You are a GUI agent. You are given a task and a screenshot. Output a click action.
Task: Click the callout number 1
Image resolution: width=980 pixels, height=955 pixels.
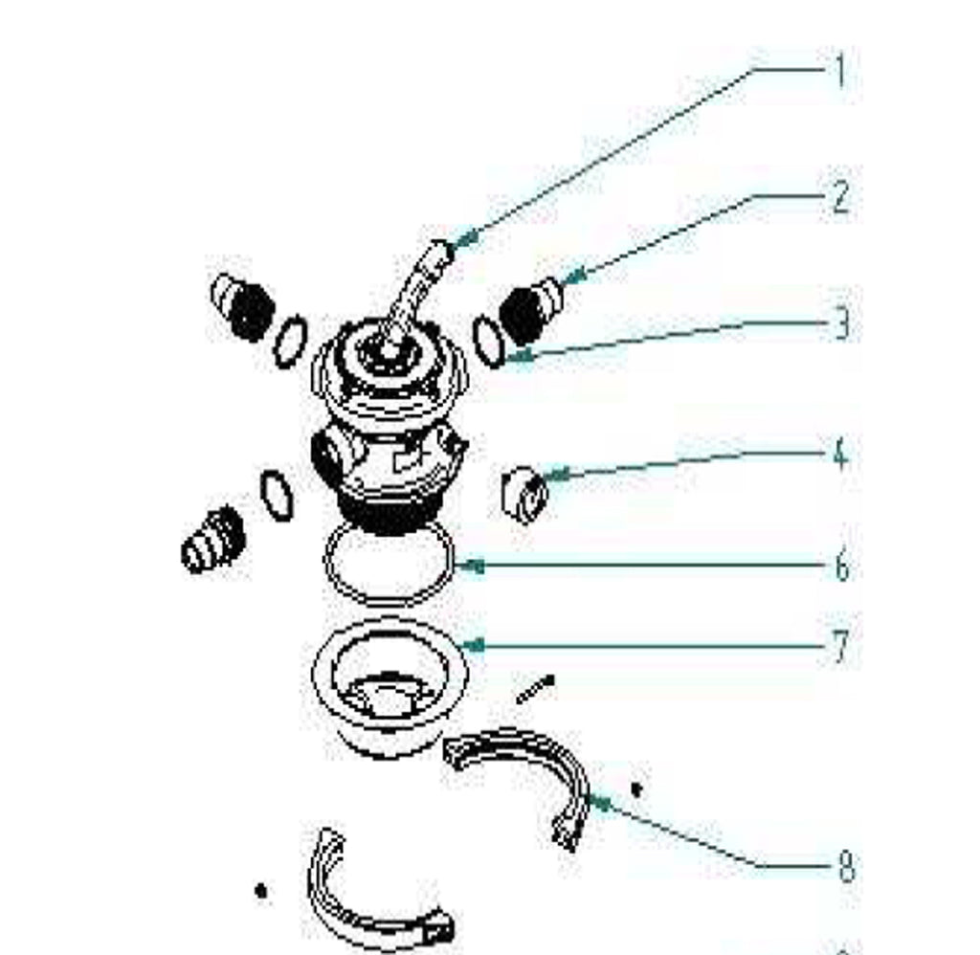point(840,71)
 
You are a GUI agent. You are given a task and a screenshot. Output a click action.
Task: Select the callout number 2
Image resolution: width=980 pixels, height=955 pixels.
point(840,197)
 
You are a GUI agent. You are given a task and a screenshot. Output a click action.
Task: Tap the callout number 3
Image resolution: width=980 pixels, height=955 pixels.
point(842,323)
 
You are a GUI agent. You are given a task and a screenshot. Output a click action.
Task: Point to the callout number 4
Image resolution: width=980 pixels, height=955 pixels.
point(840,454)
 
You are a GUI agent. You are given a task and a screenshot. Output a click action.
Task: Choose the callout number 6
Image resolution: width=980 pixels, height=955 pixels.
point(842,566)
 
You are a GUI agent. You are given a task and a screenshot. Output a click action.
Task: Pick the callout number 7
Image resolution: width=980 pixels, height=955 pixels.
point(842,646)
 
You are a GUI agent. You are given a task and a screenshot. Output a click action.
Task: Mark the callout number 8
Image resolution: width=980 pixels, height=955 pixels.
point(845,866)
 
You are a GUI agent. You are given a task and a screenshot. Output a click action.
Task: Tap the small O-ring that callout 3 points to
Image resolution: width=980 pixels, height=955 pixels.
point(489,342)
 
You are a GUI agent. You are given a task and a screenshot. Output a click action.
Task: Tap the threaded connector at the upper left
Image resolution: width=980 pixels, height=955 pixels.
point(244,307)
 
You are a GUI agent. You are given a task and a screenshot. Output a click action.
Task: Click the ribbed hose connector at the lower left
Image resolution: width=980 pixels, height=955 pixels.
point(213,539)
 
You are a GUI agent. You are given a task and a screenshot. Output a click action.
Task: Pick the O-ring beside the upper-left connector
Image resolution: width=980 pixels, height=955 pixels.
point(291,342)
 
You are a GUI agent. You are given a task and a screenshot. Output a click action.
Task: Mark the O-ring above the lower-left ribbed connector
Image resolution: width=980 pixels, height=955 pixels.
point(277,495)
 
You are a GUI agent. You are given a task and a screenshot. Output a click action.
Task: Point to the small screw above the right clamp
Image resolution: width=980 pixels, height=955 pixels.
point(536,689)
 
